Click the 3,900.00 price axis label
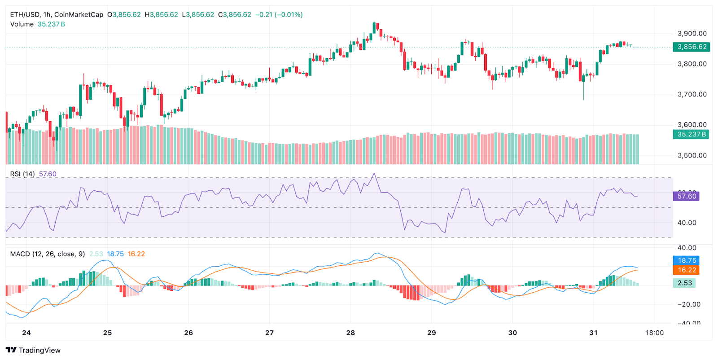coord(692,34)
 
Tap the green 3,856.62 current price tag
coord(692,47)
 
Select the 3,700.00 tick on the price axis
coord(692,94)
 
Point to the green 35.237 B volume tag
coord(691,134)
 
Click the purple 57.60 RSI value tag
coord(686,196)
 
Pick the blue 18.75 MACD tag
coord(687,260)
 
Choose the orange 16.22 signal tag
coord(687,270)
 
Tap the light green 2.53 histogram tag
coord(684,283)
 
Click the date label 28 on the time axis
coord(350,333)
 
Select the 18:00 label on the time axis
coord(654,333)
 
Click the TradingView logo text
coord(39,350)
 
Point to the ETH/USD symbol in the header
coord(25,14)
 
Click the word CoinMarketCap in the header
coord(79,14)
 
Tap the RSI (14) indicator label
coord(22,174)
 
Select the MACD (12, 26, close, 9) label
coord(48,254)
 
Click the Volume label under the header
coord(22,24)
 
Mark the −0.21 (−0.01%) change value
coord(279,14)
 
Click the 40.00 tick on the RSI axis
coord(687,223)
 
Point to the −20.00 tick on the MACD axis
coord(689,304)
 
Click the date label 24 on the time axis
coord(26,333)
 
